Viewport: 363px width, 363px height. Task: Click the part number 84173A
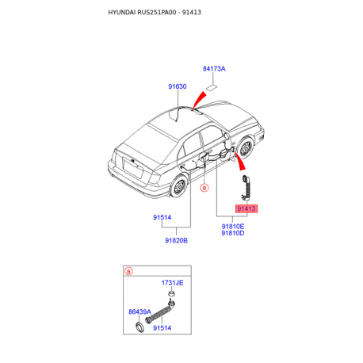[214, 69]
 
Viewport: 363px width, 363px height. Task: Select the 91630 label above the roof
[178, 86]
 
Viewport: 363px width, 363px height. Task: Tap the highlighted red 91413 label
[246, 208]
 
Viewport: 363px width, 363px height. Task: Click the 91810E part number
[233, 227]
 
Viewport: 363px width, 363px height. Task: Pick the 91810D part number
[233, 233]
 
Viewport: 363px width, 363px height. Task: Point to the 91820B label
[176, 240]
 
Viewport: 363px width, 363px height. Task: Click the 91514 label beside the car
[162, 217]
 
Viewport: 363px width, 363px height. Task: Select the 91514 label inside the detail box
[162, 328]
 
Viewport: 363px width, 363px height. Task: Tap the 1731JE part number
[172, 283]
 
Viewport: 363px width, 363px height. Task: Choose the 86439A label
[139, 311]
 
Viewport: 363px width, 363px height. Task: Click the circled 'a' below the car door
[204, 188]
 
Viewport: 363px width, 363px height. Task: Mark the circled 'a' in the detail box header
[128, 271]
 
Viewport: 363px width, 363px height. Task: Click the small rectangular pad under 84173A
[212, 88]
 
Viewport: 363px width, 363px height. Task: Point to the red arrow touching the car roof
[199, 101]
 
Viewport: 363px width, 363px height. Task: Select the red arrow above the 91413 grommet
[239, 161]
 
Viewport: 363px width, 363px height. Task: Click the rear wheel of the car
[179, 185]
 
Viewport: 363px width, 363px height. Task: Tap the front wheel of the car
[245, 148]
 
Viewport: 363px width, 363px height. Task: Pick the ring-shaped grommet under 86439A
[139, 327]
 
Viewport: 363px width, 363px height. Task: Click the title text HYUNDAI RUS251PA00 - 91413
[155, 12]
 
